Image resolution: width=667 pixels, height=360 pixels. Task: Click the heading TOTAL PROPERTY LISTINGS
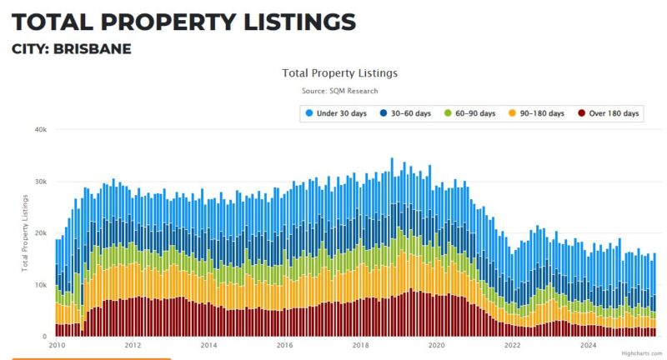click(x=183, y=22)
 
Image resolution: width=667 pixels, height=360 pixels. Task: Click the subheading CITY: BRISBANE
click(x=72, y=49)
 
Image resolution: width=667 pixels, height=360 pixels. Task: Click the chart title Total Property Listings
click(x=339, y=73)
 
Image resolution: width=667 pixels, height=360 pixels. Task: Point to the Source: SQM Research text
click(x=340, y=90)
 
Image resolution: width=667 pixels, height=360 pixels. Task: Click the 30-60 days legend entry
click(x=406, y=113)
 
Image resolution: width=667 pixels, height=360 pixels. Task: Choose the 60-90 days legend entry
click(x=470, y=113)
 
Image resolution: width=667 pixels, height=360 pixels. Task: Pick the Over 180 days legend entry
click(x=608, y=113)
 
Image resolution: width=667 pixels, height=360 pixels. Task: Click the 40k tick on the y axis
click(x=39, y=129)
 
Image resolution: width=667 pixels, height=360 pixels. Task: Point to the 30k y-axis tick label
click(x=39, y=182)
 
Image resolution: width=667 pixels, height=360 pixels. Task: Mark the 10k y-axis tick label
click(x=39, y=285)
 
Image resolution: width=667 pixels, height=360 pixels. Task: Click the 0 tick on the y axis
click(x=43, y=337)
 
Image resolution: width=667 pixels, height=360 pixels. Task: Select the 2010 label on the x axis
click(x=57, y=345)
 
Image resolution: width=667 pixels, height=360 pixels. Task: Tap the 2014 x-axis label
click(x=208, y=345)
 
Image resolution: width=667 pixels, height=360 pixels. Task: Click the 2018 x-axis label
click(x=361, y=345)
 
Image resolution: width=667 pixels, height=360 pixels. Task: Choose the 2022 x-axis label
click(x=513, y=345)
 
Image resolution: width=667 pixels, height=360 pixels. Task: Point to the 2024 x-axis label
click(x=589, y=345)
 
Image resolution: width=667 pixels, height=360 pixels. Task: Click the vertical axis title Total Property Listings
click(x=26, y=233)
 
